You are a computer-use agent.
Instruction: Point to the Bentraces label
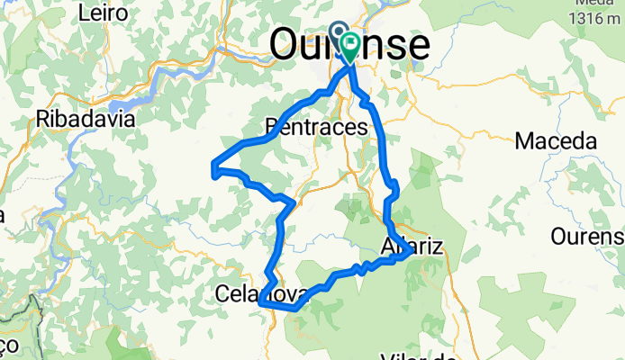pos(318,127)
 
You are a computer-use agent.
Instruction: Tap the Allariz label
pos(413,247)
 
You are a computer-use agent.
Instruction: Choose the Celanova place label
pos(262,293)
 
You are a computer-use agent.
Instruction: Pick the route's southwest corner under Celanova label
pos(261,305)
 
